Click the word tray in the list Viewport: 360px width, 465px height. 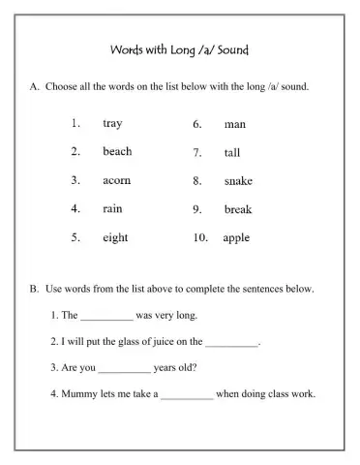pyautogui.click(x=112, y=124)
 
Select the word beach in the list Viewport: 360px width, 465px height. pyautogui.click(x=117, y=152)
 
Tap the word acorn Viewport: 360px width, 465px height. pyautogui.click(x=117, y=180)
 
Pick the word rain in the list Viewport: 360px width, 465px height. pyautogui.click(x=112, y=208)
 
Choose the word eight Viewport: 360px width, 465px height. pyautogui.click(x=115, y=237)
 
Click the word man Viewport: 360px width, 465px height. pyautogui.click(x=234, y=125)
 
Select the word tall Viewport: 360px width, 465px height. pyautogui.click(x=232, y=153)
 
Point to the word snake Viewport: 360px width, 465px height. pyautogui.click(x=238, y=181)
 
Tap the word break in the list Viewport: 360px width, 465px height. pyautogui.click(x=238, y=209)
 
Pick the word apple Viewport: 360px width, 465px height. pyautogui.click(x=236, y=237)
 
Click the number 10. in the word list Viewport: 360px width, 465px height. pyautogui.click(x=199, y=237)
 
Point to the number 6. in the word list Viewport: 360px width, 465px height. pyautogui.click(x=196, y=125)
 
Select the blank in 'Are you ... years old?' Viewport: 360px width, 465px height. pyautogui.click(x=125, y=369)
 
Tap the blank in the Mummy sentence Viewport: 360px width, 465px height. pyautogui.click(x=186, y=395)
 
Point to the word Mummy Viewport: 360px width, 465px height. pyautogui.click(x=80, y=394)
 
